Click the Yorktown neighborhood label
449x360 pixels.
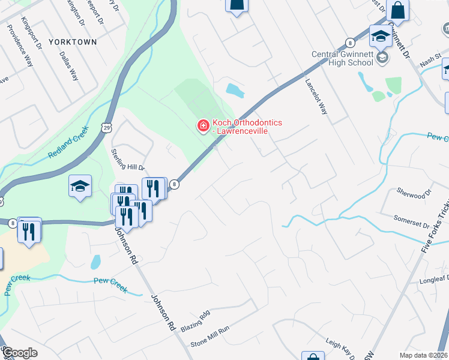[72, 42]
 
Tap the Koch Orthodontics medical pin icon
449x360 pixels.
[203, 126]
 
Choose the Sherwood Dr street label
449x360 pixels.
[414, 193]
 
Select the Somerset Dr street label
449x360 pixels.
[411, 221]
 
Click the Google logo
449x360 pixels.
[20, 353]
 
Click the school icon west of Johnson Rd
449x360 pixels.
[80, 186]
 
